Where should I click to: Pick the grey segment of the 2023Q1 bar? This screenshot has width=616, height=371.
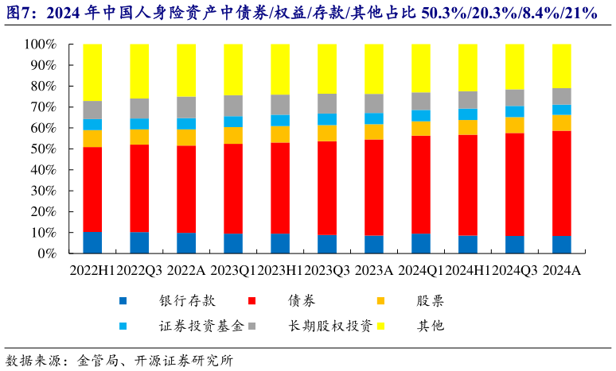(x=233, y=106)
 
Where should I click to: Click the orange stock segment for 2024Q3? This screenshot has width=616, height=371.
(x=515, y=125)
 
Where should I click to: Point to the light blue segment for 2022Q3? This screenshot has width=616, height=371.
(x=139, y=124)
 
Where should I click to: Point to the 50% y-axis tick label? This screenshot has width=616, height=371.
(x=41, y=149)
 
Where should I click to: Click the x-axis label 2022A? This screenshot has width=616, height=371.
(x=186, y=271)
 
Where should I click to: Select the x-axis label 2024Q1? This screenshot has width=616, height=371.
(x=421, y=271)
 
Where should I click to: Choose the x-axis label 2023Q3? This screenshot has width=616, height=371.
(x=327, y=271)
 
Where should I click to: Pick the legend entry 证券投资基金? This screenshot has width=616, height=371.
(x=187, y=326)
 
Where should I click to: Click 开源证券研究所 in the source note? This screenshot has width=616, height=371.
(x=183, y=359)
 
